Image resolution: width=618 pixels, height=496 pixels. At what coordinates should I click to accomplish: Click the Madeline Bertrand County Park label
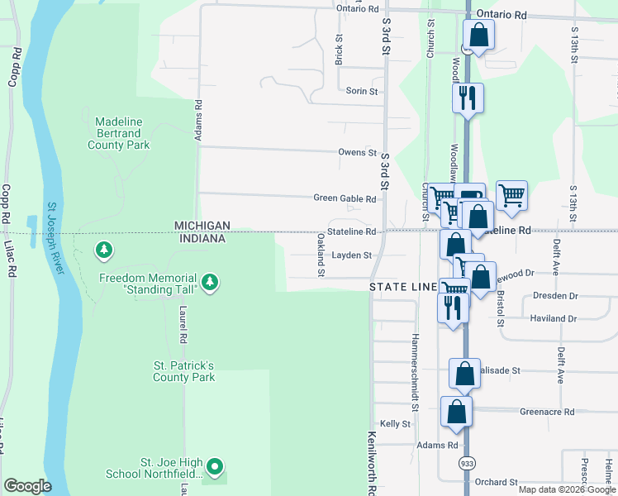click(119, 133)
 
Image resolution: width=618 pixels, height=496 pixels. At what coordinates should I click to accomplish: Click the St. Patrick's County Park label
click(183, 371)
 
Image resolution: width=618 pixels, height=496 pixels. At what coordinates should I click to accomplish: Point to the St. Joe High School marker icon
click(215, 467)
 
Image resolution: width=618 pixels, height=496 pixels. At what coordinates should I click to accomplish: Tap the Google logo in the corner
click(27, 486)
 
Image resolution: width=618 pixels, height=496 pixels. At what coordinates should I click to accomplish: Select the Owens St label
click(357, 153)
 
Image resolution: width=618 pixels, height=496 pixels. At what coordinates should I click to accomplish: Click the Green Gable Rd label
click(345, 198)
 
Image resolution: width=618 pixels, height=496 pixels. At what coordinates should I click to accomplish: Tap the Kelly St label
click(395, 424)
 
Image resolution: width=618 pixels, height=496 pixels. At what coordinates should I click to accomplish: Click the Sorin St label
click(362, 91)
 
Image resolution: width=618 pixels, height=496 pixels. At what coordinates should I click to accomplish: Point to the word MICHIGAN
click(201, 226)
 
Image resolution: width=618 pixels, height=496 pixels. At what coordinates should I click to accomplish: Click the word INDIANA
click(202, 239)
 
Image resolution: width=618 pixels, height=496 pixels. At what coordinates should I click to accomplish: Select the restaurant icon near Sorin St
click(468, 98)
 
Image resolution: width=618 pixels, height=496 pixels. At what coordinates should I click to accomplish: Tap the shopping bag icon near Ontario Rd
click(479, 35)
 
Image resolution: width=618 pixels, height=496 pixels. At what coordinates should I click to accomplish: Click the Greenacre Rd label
click(547, 411)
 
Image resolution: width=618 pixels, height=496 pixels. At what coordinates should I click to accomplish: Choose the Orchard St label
click(496, 482)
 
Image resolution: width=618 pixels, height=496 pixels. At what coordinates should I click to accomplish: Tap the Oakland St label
click(321, 250)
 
